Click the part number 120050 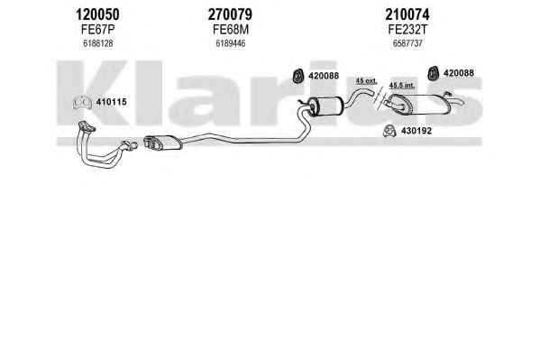97,14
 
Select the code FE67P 97,30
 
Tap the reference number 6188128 97,44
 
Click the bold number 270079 230,14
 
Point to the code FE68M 231,30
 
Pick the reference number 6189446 231,44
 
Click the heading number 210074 407,14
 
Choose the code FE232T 407,30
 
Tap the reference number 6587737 407,44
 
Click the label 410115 111,102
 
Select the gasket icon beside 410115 82,103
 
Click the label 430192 416,131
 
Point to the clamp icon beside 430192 389,131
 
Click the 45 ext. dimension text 366,81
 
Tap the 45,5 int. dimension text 402,85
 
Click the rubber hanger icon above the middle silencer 297,76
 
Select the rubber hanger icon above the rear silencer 433,73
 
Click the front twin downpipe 104,146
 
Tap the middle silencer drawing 325,106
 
